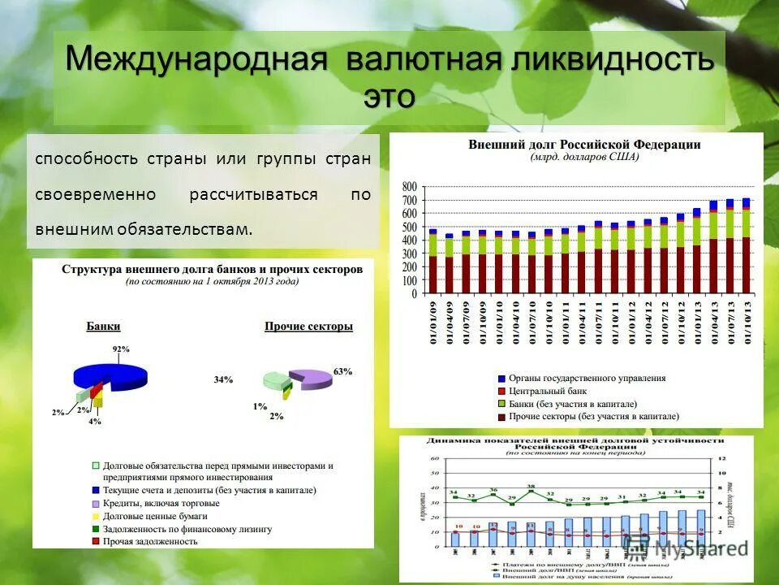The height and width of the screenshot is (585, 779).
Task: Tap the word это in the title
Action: pos(389,96)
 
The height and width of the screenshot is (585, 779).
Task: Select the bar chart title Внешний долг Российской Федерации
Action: pos(584,145)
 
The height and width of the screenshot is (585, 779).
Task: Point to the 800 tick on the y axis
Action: pos(409,187)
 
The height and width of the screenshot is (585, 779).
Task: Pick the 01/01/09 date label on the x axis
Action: pos(432,323)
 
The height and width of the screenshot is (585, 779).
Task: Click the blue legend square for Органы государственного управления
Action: pos(501,378)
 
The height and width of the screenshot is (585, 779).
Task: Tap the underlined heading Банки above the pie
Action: pos(103,326)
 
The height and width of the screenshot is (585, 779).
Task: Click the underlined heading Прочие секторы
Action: pos(308,327)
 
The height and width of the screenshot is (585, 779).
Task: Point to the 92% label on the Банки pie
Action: pos(121,349)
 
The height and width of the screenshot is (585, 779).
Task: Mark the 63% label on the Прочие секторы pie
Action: pos(342,371)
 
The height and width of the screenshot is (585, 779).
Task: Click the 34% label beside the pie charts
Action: pos(223,379)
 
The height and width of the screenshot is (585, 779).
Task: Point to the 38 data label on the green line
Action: pos(531,487)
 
